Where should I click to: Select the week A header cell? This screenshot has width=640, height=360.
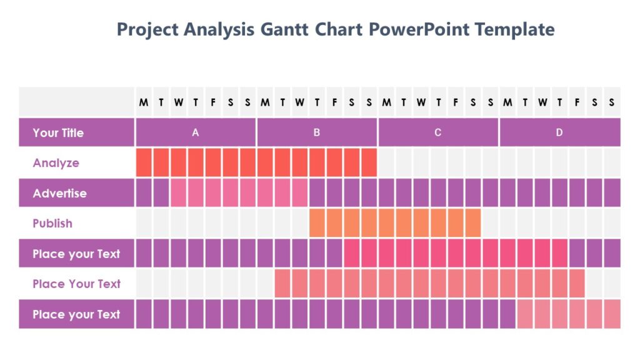pos(196,132)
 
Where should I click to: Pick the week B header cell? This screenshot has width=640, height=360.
pos(317,132)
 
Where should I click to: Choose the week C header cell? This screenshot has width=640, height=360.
pos(437,132)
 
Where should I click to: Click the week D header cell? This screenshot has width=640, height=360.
pos(559,132)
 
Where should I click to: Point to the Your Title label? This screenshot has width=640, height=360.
pos(58,132)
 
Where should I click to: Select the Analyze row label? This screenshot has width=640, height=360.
pos(56,163)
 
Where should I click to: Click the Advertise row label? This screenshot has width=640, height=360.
pos(59,193)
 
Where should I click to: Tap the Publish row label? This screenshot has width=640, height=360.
pos(52,223)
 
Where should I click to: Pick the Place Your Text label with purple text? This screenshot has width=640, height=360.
pos(76,284)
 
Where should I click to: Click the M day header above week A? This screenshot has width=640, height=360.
pos(144,102)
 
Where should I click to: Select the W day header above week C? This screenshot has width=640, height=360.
pos(421,102)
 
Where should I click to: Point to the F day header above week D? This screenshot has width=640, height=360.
pos(577,102)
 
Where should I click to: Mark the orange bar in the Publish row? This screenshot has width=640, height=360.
pos(395,223)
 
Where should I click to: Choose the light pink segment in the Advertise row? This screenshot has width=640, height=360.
pos(239,193)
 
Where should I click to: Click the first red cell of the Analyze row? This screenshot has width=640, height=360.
pos(144,163)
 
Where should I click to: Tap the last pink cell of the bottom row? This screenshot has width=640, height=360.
pos(612,314)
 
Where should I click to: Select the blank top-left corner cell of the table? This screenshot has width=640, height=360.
pos(76,102)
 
